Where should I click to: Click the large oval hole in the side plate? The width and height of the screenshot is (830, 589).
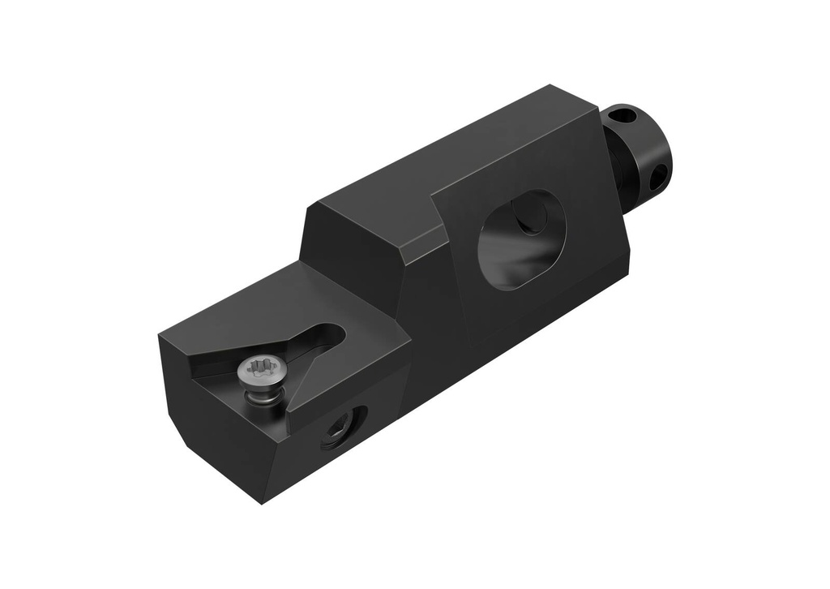tap(519, 240)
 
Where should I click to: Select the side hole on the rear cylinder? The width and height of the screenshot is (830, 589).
tap(659, 174)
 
